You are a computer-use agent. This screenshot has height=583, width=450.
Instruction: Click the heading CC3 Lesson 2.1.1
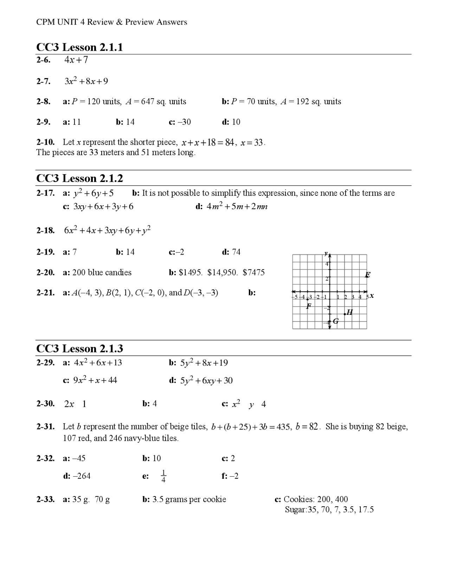click(x=79, y=47)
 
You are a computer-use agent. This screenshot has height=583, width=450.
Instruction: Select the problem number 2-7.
click(x=43, y=81)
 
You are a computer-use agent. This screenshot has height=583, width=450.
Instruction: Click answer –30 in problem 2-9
click(x=184, y=122)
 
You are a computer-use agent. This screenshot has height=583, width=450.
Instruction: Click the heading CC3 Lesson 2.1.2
click(x=79, y=178)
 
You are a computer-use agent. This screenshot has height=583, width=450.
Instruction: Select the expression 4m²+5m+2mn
click(x=237, y=207)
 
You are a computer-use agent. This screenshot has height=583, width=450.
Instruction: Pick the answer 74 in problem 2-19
click(x=236, y=252)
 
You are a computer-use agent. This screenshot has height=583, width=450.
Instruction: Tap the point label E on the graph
click(x=368, y=275)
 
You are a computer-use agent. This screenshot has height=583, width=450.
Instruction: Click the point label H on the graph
click(x=349, y=312)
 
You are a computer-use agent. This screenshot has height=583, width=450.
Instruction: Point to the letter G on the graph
click(x=336, y=321)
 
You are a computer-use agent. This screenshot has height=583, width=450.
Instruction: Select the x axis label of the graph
click(x=372, y=296)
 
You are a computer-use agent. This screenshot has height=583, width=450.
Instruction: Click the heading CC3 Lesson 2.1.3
click(x=79, y=349)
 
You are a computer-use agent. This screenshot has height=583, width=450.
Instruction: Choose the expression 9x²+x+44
click(x=95, y=380)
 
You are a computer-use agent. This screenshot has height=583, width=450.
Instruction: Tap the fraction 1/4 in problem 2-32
click(x=163, y=476)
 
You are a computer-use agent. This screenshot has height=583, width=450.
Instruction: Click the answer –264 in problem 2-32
click(x=81, y=476)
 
